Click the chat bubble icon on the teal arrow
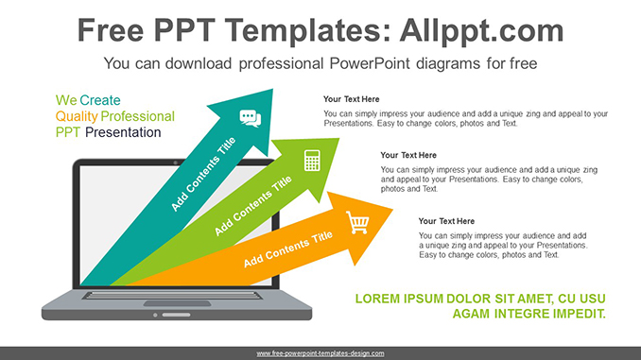coord(250,118)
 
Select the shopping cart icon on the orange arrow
coord(358,223)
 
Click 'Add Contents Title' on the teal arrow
coord(203,175)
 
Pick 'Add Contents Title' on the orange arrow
coord(287,249)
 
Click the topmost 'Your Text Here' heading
coord(351,99)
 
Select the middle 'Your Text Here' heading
coord(408,155)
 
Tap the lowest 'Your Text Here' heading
coord(447,221)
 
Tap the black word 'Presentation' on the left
coord(123,132)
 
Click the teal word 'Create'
coord(100,100)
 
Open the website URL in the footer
coord(320,353)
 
